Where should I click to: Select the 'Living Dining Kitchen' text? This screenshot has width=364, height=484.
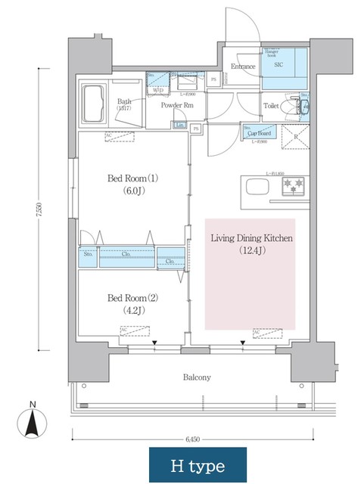[250, 238]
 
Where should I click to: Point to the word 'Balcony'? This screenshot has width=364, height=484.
[197, 377]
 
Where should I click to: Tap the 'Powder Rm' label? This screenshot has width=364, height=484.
[177, 105]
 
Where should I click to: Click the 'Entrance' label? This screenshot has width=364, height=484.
[243, 67]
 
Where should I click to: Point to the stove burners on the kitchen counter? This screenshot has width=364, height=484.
[292, 185]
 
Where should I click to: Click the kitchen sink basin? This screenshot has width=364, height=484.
[254, 186]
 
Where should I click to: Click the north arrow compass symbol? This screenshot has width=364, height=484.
[32, 421]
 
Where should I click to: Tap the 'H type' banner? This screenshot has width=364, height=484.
[197, 463]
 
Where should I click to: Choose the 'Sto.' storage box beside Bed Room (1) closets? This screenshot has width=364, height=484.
[88, 256]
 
